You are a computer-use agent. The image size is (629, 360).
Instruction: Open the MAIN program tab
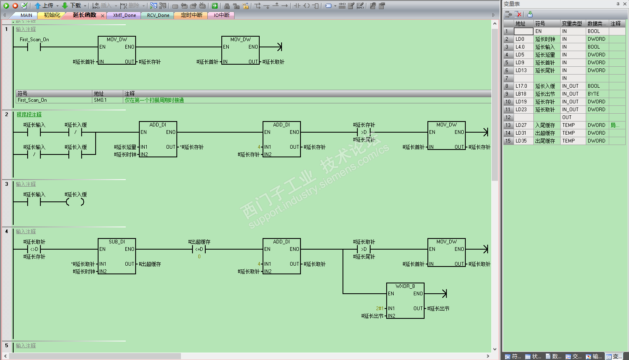tap(26, 15)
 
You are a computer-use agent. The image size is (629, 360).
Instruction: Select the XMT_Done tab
tap(124, 15)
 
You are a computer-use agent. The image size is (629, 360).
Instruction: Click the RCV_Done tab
tap(158, 15)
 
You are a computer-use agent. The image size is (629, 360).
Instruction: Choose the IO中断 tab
tap(221, 15)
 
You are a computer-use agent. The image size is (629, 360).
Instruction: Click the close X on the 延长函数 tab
tap(103, 16)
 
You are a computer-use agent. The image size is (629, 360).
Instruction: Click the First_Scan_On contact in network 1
tap(34, 47)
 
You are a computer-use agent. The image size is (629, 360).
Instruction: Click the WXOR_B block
tap(405, 301)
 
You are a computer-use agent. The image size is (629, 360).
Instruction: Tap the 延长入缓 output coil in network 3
tap(75, 202)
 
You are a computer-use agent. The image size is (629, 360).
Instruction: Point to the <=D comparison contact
tap(199, 249)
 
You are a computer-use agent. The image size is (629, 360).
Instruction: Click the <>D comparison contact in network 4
tap(34, 249)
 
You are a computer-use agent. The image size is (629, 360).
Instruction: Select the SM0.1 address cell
tap(100, 100)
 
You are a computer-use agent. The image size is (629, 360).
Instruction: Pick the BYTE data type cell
tap(594, 94)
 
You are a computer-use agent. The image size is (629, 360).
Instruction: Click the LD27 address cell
tap(521, 125)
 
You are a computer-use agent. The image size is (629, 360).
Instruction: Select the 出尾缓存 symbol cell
tap(545, 141)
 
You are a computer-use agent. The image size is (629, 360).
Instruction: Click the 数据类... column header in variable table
tap(596, 24)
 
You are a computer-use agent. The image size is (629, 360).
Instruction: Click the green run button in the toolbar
tap(6, 6)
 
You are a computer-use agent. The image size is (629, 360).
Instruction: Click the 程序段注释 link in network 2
tap(29, 115)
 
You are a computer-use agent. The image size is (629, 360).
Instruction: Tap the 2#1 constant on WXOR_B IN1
tap(379, 309)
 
